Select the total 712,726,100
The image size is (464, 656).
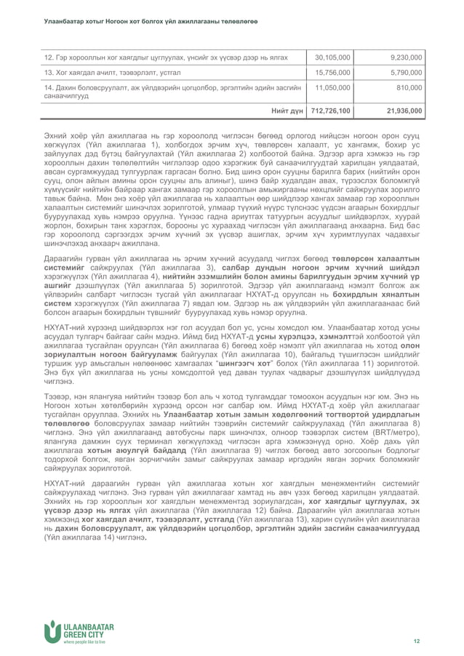click(x=331, y=111)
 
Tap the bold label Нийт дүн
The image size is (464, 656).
click(x=287, y=111)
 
